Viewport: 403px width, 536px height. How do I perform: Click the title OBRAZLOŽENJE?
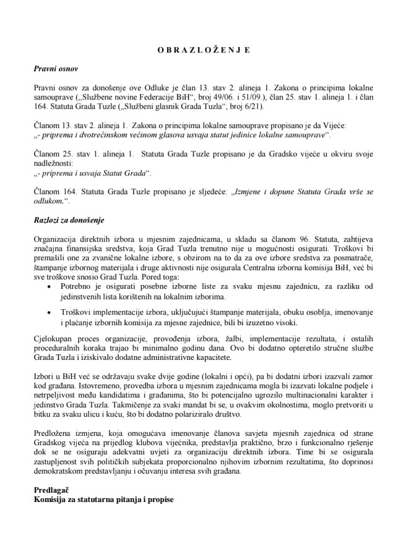pyautogui.click(x=201, y=48)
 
